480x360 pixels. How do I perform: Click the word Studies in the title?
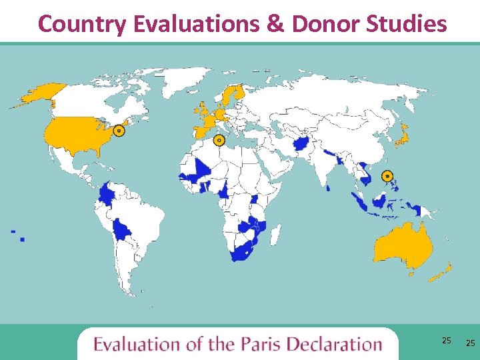pyautogui.click(x=409, y=24)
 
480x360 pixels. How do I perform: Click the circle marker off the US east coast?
pyautogui.click(x=119, y=131)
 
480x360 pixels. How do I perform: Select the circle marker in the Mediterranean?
pyautogui.click(x=218, y=140)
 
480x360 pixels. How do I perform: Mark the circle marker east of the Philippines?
pyautogui.click(x=387, y=176)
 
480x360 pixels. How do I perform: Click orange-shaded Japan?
pyautogui.click(x=403, y=137)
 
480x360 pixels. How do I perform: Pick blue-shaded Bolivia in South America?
pyautogui.click(x=122, y=231)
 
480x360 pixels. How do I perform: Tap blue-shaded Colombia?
pyautogui.click(x=107, y=195)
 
